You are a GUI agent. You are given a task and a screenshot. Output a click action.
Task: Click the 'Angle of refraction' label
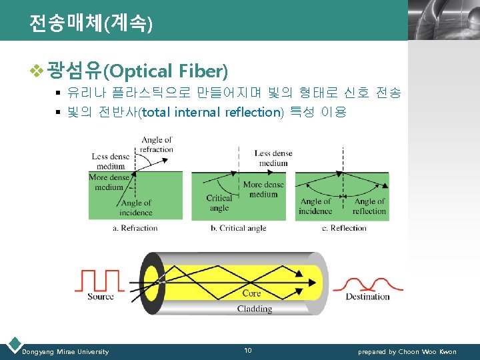pos(157,145)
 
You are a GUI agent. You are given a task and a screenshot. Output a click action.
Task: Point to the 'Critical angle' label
pos(219,203)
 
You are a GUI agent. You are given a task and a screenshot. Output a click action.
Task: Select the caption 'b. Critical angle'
pos(238,228)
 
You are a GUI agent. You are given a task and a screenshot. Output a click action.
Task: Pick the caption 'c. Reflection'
pos(344,228)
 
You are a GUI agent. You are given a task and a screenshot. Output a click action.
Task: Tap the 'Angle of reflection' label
pos(369,206)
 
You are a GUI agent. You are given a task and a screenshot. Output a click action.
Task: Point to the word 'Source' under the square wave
pos(101,297)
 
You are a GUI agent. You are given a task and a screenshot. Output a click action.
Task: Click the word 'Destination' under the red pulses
pos(367,297)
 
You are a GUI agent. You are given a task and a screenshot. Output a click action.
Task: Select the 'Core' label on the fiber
pos(251,293)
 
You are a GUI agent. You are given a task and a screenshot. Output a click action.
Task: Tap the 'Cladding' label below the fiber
pos(255,309)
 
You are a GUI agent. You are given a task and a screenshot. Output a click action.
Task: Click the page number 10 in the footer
pos(247,351)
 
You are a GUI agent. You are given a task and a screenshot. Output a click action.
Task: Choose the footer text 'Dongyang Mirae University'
pos(65,351)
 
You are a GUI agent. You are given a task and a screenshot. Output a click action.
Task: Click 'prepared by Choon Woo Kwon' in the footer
pos(407,351)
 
